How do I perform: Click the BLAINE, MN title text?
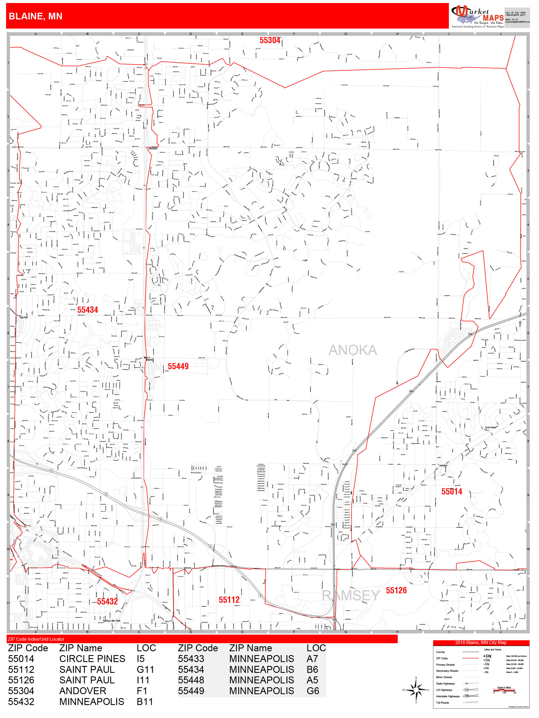[x=35, y=16]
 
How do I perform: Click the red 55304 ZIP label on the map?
[x=270, y=40]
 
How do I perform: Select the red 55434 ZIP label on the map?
[x=87, y=310]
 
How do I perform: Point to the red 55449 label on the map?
[x=178, y=366]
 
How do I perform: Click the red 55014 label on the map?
[x=451, y=491]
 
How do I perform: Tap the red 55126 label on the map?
[x=396, y=590]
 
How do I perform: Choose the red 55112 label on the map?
[x=229, y=599]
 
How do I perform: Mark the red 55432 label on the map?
[x=107, y=601]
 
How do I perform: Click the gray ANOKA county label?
[x=352, y=350]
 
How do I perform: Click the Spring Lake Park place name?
[x=111, y=620]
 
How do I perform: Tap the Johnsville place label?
[x=152, y=148]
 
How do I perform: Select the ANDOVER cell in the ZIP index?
[x=83, y=691]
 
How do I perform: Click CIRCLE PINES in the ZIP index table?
[x=92, y=659]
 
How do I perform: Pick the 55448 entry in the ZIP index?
[x=191, y=680]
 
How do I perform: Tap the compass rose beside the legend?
[x=416, y=690]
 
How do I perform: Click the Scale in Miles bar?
[x=504, y=690]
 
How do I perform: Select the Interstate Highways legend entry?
[x=448, y=696]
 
